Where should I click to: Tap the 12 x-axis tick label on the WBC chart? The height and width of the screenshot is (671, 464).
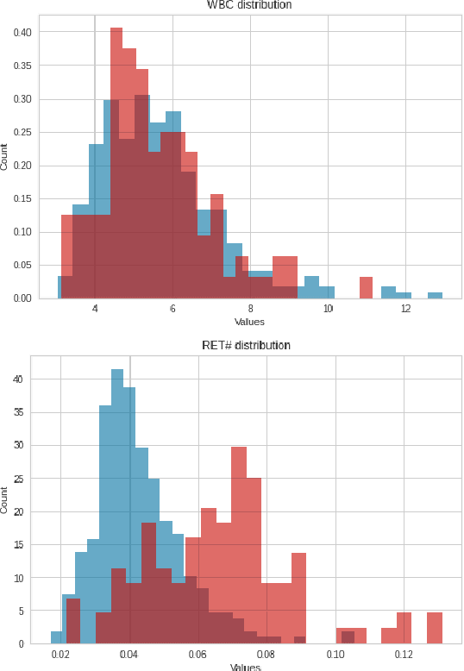405,309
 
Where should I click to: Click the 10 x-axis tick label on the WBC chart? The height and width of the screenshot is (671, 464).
328,309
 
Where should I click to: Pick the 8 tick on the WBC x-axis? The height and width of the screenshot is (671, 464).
250,309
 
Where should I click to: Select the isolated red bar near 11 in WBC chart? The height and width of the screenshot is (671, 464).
366,288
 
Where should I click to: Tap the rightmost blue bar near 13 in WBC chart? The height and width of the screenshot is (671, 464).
435,295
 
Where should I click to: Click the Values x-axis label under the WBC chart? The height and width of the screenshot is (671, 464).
249,322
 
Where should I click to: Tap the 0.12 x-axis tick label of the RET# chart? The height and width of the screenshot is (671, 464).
404,655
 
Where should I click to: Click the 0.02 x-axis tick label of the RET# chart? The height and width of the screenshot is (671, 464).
60,655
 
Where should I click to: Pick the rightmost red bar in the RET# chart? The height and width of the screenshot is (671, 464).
435,627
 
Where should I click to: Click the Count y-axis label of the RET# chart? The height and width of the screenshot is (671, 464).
5,500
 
